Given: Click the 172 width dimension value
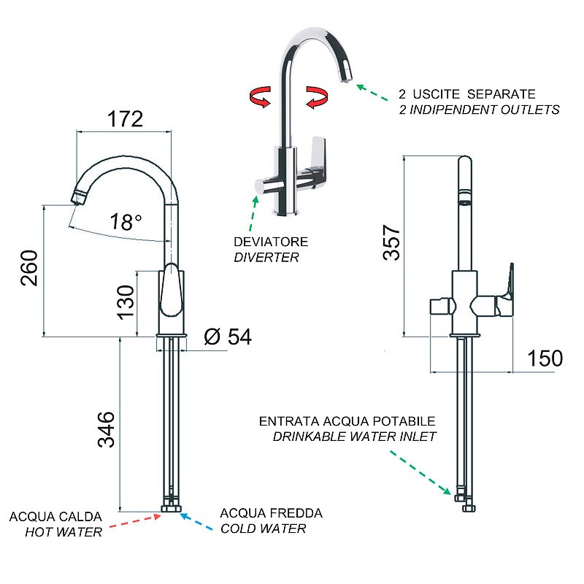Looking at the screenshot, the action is point(125,119).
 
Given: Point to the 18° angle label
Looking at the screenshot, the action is point(126,222).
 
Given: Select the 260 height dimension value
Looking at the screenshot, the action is point(29,268).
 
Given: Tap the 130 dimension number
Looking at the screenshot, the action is point(126,302).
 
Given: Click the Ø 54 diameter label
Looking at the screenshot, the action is point(228,337).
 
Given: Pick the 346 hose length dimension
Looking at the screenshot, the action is point(106,429).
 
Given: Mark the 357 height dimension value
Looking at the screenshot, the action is point(391,242).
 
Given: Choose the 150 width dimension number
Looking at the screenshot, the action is point(545,358).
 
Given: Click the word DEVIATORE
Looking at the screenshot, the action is point(271,242).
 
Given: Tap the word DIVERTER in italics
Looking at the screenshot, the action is point(266,258).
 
